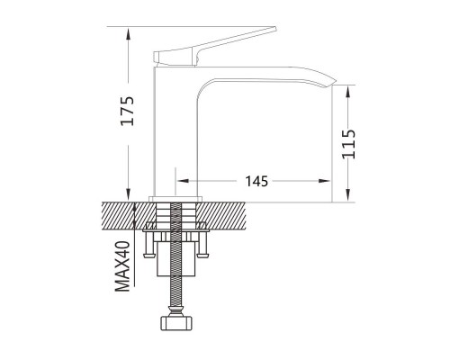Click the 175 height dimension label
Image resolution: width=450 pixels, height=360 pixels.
127,111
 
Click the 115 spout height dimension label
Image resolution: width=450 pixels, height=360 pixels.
348,144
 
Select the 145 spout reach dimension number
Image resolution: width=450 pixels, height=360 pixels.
256,181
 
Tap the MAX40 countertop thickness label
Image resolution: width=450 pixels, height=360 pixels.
122,266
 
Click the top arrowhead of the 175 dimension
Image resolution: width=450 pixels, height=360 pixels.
128,33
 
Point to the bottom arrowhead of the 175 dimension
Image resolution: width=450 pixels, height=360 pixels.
128,194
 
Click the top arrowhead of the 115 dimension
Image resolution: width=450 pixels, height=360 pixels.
348,92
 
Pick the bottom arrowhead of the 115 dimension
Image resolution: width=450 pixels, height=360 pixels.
348,195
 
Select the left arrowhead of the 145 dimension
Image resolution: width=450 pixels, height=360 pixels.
183,181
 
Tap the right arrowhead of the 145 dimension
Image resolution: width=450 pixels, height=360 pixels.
324,181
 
